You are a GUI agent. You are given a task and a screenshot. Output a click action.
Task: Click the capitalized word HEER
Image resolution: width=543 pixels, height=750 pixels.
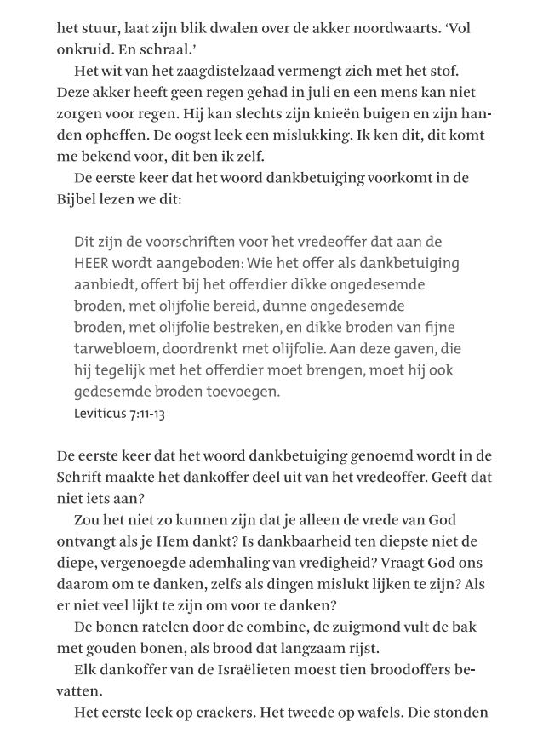click(x=93, y=264)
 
